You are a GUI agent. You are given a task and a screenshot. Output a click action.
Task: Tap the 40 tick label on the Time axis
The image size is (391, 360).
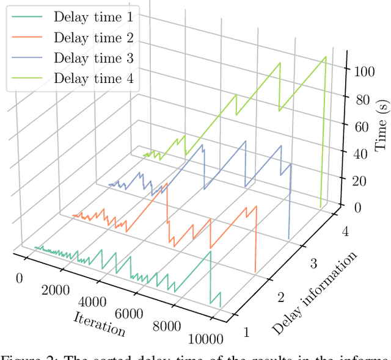pyautogui.click(x=359, y=154)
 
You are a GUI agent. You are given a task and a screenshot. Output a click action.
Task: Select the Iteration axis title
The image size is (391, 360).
pyautogui.click(x=100, y=323)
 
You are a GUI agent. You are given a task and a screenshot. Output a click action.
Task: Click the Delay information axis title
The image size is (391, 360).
pyautogui.click(x=315, y=293)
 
